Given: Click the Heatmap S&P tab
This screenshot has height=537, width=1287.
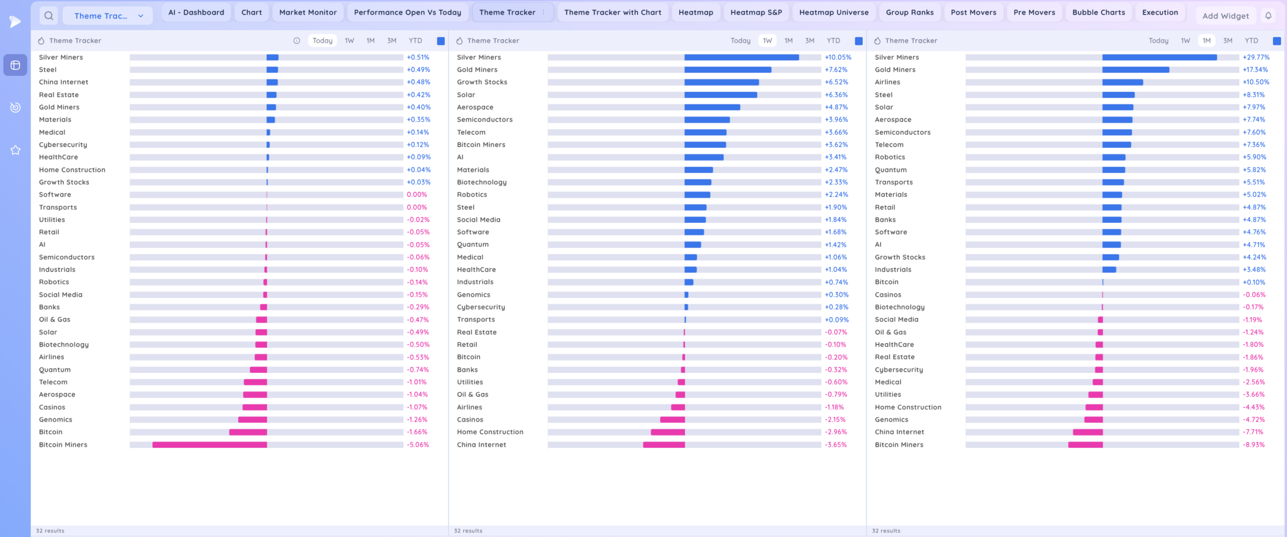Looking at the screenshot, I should coord(756,13).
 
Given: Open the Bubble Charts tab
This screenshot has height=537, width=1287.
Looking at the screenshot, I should coord(1098,13).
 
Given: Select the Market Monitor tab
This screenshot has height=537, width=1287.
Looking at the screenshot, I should coord(308,13).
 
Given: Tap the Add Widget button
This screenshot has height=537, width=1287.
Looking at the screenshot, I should coord(1225,16).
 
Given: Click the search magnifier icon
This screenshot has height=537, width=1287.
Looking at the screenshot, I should coord(49,16).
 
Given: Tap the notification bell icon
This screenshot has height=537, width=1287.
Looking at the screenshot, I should coord(1268,16).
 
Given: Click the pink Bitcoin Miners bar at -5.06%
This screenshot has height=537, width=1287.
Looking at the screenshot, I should coord(210,445).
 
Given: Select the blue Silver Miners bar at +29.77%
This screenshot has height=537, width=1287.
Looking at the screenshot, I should coord(1159,57).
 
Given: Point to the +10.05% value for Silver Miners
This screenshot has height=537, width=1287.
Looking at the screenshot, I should coord(838,57).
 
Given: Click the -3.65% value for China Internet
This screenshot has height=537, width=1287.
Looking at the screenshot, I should coord(836,445).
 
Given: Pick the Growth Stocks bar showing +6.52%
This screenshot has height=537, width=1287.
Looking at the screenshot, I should coord(721,82).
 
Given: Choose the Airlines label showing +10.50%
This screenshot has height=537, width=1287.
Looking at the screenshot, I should coord(887,82).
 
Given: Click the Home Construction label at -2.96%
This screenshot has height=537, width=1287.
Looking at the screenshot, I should coord(490,432).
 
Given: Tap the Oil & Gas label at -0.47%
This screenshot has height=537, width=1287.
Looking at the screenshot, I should coord(54,320).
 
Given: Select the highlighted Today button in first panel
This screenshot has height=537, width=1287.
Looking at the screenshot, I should coord(322,41).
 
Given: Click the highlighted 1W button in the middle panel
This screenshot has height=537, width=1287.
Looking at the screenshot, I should coord(767,41).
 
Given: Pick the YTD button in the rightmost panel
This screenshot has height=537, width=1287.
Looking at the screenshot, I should coord(1251,41).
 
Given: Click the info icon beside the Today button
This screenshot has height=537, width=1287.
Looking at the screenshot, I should coord(297,41).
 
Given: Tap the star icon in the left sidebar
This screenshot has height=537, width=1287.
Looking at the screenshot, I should coord(16,150).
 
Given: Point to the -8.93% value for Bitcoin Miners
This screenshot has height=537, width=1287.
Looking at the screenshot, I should coord(1253,445).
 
